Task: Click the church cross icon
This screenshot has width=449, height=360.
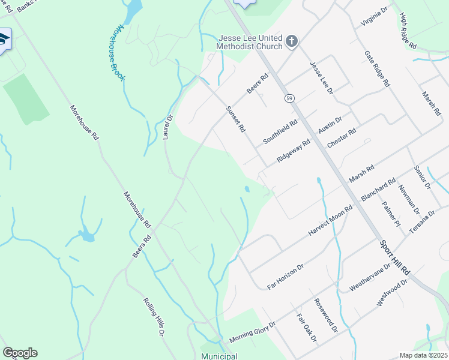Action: (x=292, y=41)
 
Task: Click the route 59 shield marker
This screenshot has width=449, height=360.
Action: (x=289, y=98)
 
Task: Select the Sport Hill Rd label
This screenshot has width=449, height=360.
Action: (x=394, y=258)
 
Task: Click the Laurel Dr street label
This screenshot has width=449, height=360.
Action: (x=167, y=127)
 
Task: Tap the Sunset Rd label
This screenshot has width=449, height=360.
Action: (x=235, y=119)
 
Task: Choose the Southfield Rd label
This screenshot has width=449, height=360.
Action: (x=280, y=132)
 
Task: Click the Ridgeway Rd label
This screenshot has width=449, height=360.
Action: (x=293, y=151)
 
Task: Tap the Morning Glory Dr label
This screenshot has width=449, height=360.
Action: (x=252, y=332)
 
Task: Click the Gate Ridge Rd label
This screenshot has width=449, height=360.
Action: (x=377, y=68)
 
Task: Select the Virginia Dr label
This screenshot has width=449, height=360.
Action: (x=375, y=17)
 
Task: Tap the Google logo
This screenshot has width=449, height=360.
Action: (x=20, y=353)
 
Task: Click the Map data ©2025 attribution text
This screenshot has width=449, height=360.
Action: (x=423, y=355)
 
